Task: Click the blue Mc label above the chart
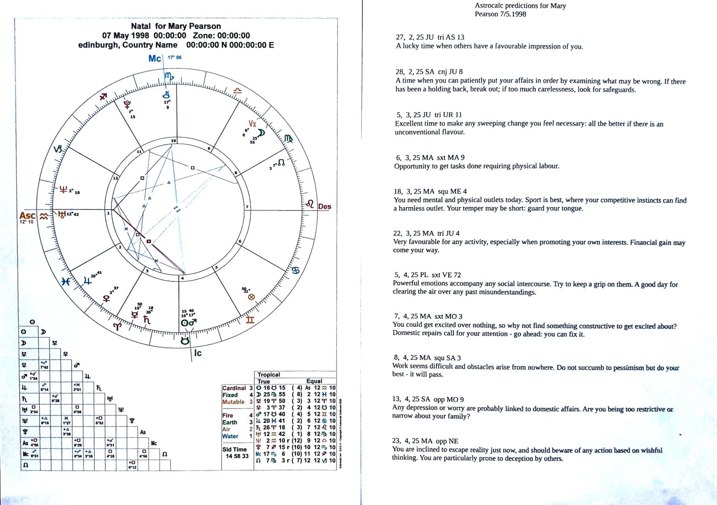(155, 58)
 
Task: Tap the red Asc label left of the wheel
(27, 216)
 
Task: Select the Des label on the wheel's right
(324, 206)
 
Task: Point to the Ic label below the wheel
(198, 353)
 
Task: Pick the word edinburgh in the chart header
(97, 45)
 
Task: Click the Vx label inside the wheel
(253, 124)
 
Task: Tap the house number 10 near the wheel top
(173, 140)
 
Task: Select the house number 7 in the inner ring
(247, 207)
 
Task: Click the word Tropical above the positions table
(269, 374)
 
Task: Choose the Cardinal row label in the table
(234, 388)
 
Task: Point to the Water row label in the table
(230, 436)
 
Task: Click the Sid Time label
(234, 449)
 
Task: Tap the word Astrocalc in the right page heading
(490, 6)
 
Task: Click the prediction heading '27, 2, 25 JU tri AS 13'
(430, 37)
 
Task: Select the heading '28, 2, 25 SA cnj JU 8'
(429, 72)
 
